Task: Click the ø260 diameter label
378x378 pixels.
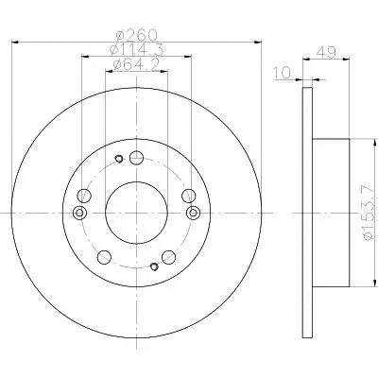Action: tap(136, 35)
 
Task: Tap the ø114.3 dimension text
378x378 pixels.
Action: tap(136, 49)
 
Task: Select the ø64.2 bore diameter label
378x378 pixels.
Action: tap(136, 64)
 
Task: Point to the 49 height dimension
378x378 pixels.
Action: tap(326, 52)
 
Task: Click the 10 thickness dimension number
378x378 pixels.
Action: tap(282, 73)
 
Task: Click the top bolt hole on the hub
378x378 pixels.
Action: tap(136, 158)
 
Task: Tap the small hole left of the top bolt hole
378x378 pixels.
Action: tap(119, 159)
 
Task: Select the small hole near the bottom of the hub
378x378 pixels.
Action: tap(154, 266)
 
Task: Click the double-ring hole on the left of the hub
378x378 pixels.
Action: tap(79, 213)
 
